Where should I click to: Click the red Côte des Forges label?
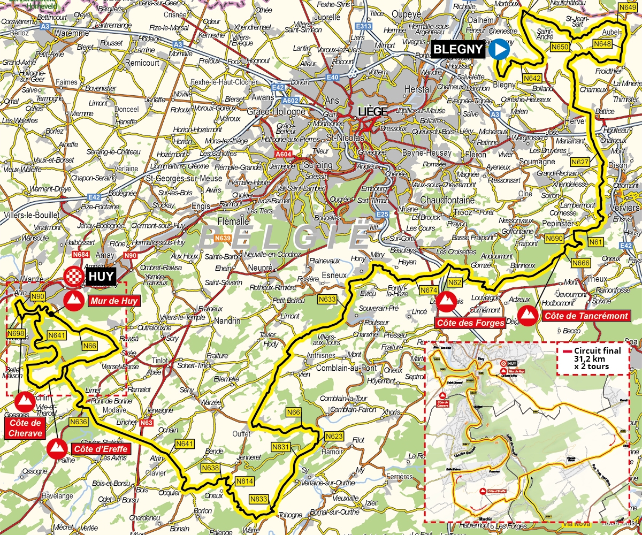click(x=470, y=323)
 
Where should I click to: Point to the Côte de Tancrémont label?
click(x=586, y=316)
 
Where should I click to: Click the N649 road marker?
click(x=627, y=7)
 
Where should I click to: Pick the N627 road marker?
click(x=580, y=162)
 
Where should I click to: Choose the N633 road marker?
click(x=327, y=299)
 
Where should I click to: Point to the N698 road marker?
click(x=16, y=333)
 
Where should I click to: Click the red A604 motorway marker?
click(x=284, y=155)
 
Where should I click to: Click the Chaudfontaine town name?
click(x=447, y=200)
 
